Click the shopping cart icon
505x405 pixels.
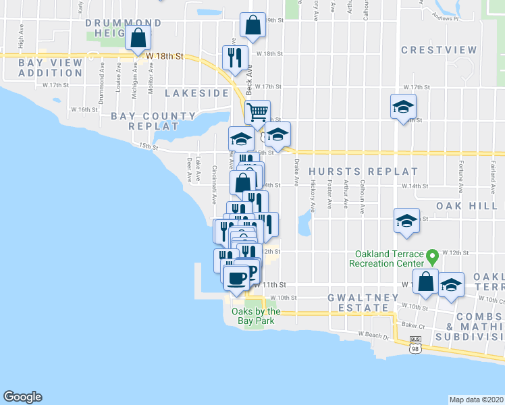click(257, 111)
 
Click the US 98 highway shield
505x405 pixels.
click(416, 346)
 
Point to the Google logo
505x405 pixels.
click(22, 397)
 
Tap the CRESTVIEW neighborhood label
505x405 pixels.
click(439, 50)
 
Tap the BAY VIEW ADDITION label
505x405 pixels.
click(41, 67)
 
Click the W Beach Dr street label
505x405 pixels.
click(375, 334)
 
